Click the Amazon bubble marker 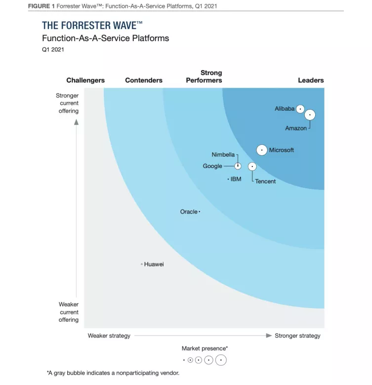coord(310,115)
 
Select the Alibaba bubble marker coord(300,109)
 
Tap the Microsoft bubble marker coord(262,150)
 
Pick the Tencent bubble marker coord(252,167)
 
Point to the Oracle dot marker coord(199,212)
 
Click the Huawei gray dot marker coord(142,264)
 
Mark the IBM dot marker coord(228,179)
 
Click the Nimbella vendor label coord(223,155)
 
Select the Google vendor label coord(212,166)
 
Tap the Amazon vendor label coord(296,128)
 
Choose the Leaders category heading coord(311,80)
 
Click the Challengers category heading coord(85,80)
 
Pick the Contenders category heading coord(144,80)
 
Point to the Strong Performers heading coord(204,77)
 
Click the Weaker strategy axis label coord(109,336)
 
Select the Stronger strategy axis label coord(297,336)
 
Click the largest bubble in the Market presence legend coord(221,360)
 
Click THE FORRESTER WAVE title coord(92,26)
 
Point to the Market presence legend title coord(205,348)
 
